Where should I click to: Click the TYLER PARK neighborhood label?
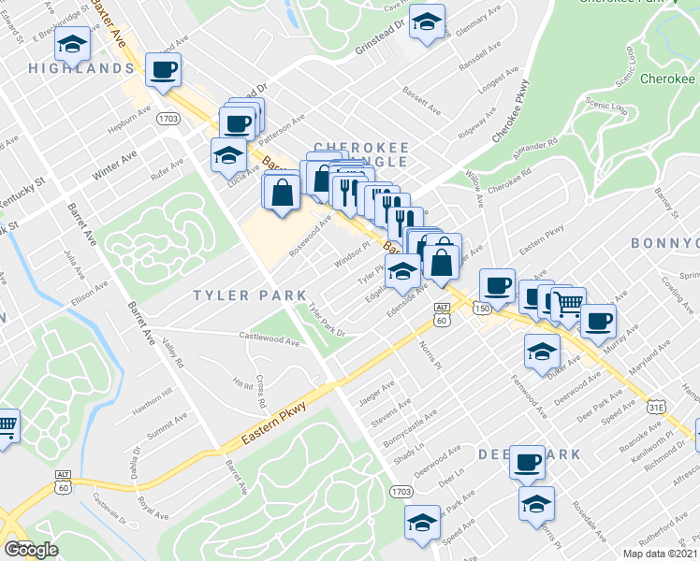(x=235, y=295)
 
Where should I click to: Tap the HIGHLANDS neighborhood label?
(x=81, y=69)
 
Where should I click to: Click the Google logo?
(x=32, y=549)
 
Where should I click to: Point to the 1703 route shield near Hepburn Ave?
(x=169, y=120)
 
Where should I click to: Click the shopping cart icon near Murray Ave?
(x=568, y=302)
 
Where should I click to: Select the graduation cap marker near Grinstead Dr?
(x=427, y=21)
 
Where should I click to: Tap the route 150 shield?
(x=482, y=309)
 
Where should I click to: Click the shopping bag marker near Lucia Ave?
(x=282, y=193)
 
